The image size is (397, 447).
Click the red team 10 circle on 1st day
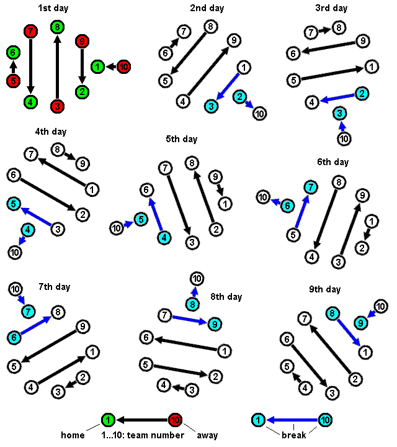123,66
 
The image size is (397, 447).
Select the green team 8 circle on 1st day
57,27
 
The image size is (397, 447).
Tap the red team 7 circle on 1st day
31,31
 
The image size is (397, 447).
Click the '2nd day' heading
207,8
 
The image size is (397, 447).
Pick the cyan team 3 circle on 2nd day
212,106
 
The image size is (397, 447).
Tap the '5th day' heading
181,139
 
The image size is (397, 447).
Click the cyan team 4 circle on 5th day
164,237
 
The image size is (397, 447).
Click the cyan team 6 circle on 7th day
15,336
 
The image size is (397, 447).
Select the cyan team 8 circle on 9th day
332,314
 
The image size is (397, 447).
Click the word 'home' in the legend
73,435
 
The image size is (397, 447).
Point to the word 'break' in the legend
294,435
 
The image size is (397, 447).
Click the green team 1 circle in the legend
108,420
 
